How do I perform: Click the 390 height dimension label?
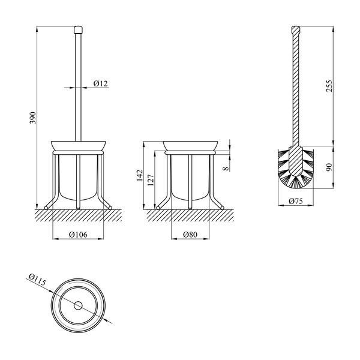(x=33, y=118)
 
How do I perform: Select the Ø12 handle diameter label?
(x=101, y=83)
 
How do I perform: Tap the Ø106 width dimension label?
(x=78, y=235)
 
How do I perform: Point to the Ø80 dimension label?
(x=190, y=235)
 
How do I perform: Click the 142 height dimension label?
(x=140, y=175)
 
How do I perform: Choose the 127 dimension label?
(x=151, y=180)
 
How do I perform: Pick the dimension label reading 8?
(x=226, y=169)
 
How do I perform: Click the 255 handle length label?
(x=329, y=86)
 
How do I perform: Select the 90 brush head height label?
(x=329, y=167)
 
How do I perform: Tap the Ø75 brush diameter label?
(x=296, y=201)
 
